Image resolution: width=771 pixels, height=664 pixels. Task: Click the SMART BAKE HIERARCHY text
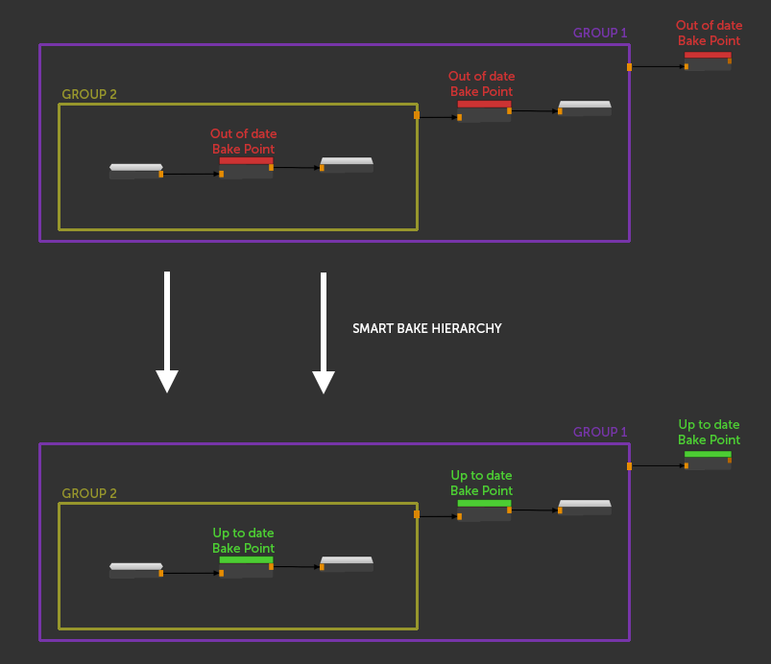click(x=427, y=328)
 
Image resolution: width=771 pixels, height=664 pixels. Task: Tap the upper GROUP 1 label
click(x=600, y=33)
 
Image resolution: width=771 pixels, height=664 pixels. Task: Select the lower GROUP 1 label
click(x=600, y=432)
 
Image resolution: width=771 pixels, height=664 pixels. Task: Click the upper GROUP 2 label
click(x=89, y=95)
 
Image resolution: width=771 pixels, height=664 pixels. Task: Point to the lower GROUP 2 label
click(x=89, y=494)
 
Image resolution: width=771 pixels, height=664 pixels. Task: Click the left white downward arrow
click(x=167, y=332)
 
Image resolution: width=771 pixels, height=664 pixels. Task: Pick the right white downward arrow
click(x=324, y=332)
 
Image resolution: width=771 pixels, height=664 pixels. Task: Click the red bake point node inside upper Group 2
click(x=246, y=168)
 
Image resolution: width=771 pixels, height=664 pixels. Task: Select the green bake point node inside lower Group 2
click(x=246, y=567)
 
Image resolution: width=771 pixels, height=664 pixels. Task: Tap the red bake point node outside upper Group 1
click(x=708, y=60)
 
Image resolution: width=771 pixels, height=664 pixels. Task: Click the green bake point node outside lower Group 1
click(x=708, y=460)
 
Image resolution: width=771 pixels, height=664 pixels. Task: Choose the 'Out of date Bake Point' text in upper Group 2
click(x=244, y=141)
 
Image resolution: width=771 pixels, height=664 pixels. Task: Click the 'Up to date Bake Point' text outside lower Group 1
click(x=710, y=432)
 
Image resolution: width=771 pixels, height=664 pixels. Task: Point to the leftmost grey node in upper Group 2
click(x=135, y=171)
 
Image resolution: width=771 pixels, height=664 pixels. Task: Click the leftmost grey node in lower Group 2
click(x=135, y=570)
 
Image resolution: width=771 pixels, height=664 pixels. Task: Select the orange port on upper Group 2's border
click(x=417, y=115)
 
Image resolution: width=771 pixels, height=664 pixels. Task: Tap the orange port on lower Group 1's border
click(x=629, y=466)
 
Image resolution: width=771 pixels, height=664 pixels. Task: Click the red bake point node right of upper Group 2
click(x=484, y=110)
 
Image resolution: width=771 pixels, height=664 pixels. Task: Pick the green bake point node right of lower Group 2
click(x=484, y=510)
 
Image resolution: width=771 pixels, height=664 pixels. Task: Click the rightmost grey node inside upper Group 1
click(x=585, y=108)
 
